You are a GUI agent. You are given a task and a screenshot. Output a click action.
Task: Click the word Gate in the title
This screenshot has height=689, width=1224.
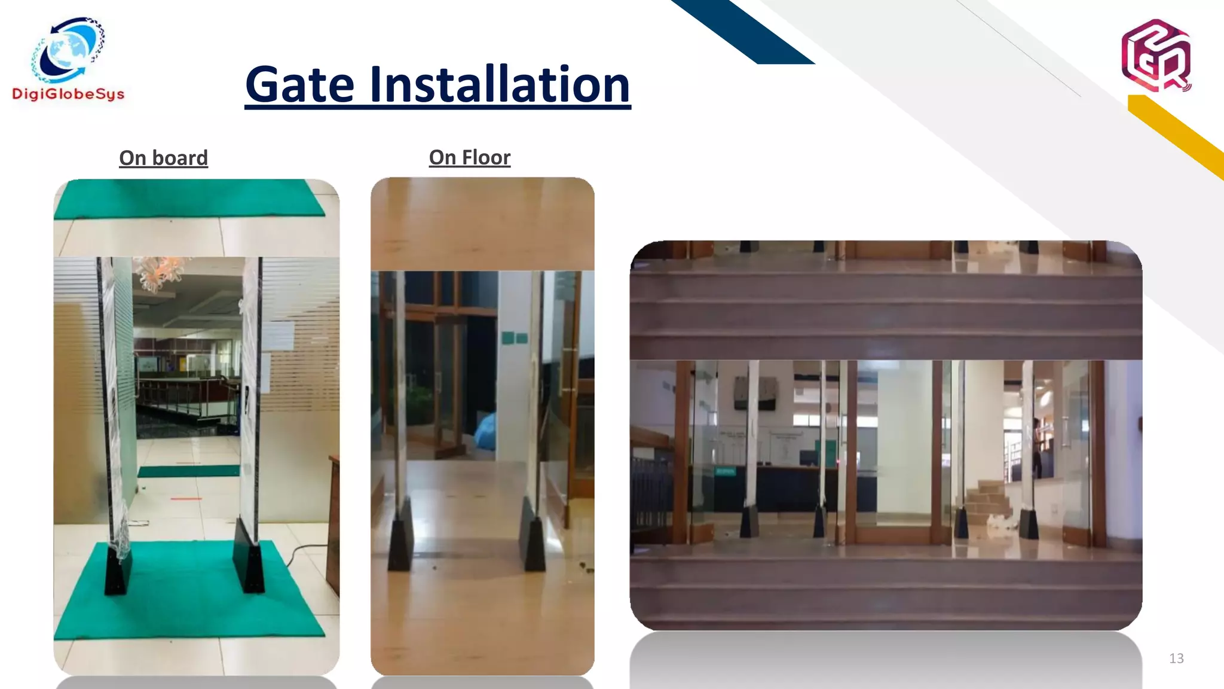pos(300,85)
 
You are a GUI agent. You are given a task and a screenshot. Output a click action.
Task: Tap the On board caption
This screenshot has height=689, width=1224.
pos(163,158)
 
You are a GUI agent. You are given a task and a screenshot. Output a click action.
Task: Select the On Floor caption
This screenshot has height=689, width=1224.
pos(470,157)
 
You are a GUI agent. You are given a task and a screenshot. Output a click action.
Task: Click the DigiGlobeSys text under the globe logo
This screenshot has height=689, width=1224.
pos(68,94)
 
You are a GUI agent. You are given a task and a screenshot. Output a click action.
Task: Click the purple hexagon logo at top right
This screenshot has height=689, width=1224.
pos(1156,56)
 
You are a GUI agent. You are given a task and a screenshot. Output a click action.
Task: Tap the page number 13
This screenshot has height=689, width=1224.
pos(1176,658)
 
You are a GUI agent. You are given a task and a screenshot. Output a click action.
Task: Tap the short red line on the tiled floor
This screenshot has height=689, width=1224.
pos(186,498)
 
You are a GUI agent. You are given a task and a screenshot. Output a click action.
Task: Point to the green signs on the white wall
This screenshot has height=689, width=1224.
pos(514,338)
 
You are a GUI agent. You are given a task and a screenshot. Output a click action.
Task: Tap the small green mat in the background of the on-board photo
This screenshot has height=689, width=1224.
pos(189,471)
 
